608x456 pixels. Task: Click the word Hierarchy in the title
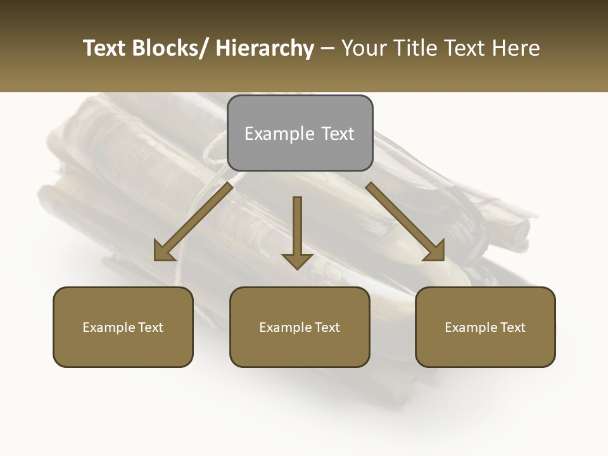pyautogui.click(x=265, y=48)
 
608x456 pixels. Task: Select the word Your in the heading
pyautogui.click(x=363, y=48)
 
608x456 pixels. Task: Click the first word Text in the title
pyautogui.click(x=105, y=48)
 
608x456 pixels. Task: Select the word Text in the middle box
pyautogui.click(x=327, y=327)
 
